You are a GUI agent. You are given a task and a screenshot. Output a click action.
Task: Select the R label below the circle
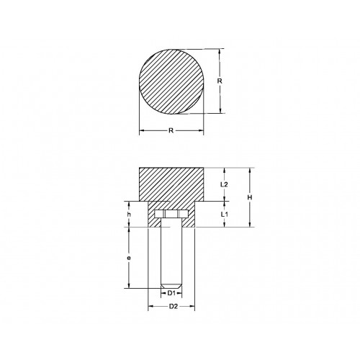(x=171, y=131)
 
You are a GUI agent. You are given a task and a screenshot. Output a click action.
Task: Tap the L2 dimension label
(x=223, y=185)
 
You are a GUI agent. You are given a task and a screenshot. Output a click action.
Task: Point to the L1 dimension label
(x=223, y=215)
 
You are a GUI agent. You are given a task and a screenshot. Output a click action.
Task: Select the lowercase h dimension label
(x=129, y=215)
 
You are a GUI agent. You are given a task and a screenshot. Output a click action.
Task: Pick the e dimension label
(x=129, y=257)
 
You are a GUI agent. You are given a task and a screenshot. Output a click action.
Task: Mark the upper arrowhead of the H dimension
(x=248, y=170)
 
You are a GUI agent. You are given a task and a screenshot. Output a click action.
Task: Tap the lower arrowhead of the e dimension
(x=129, y=287)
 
